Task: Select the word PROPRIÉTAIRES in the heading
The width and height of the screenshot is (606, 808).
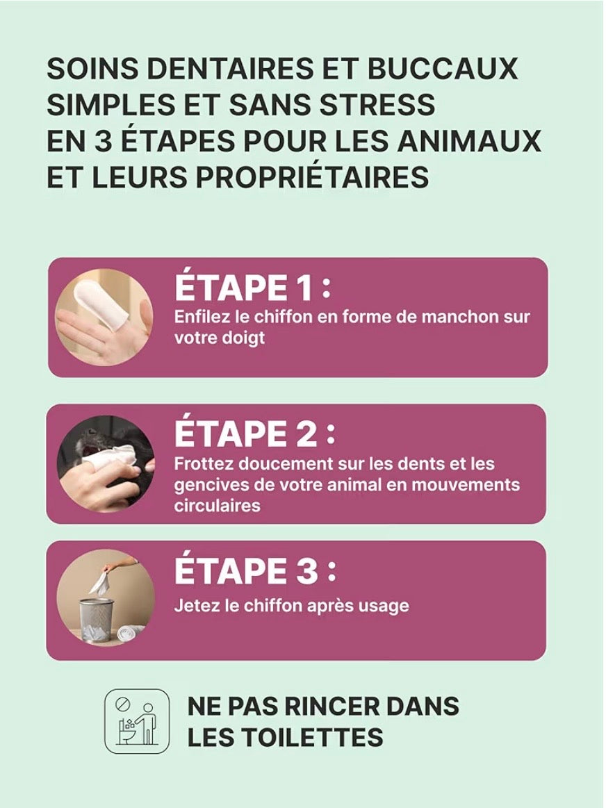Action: (312, 176)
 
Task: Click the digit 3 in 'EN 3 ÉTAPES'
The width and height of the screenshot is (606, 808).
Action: (103, 141)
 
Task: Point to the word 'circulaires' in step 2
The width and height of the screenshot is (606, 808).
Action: (218, 506)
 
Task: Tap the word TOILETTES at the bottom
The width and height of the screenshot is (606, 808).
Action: (308, 737)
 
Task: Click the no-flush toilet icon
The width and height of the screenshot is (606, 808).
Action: (136, 721)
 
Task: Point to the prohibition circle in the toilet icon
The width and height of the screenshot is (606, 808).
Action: (122, 703)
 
